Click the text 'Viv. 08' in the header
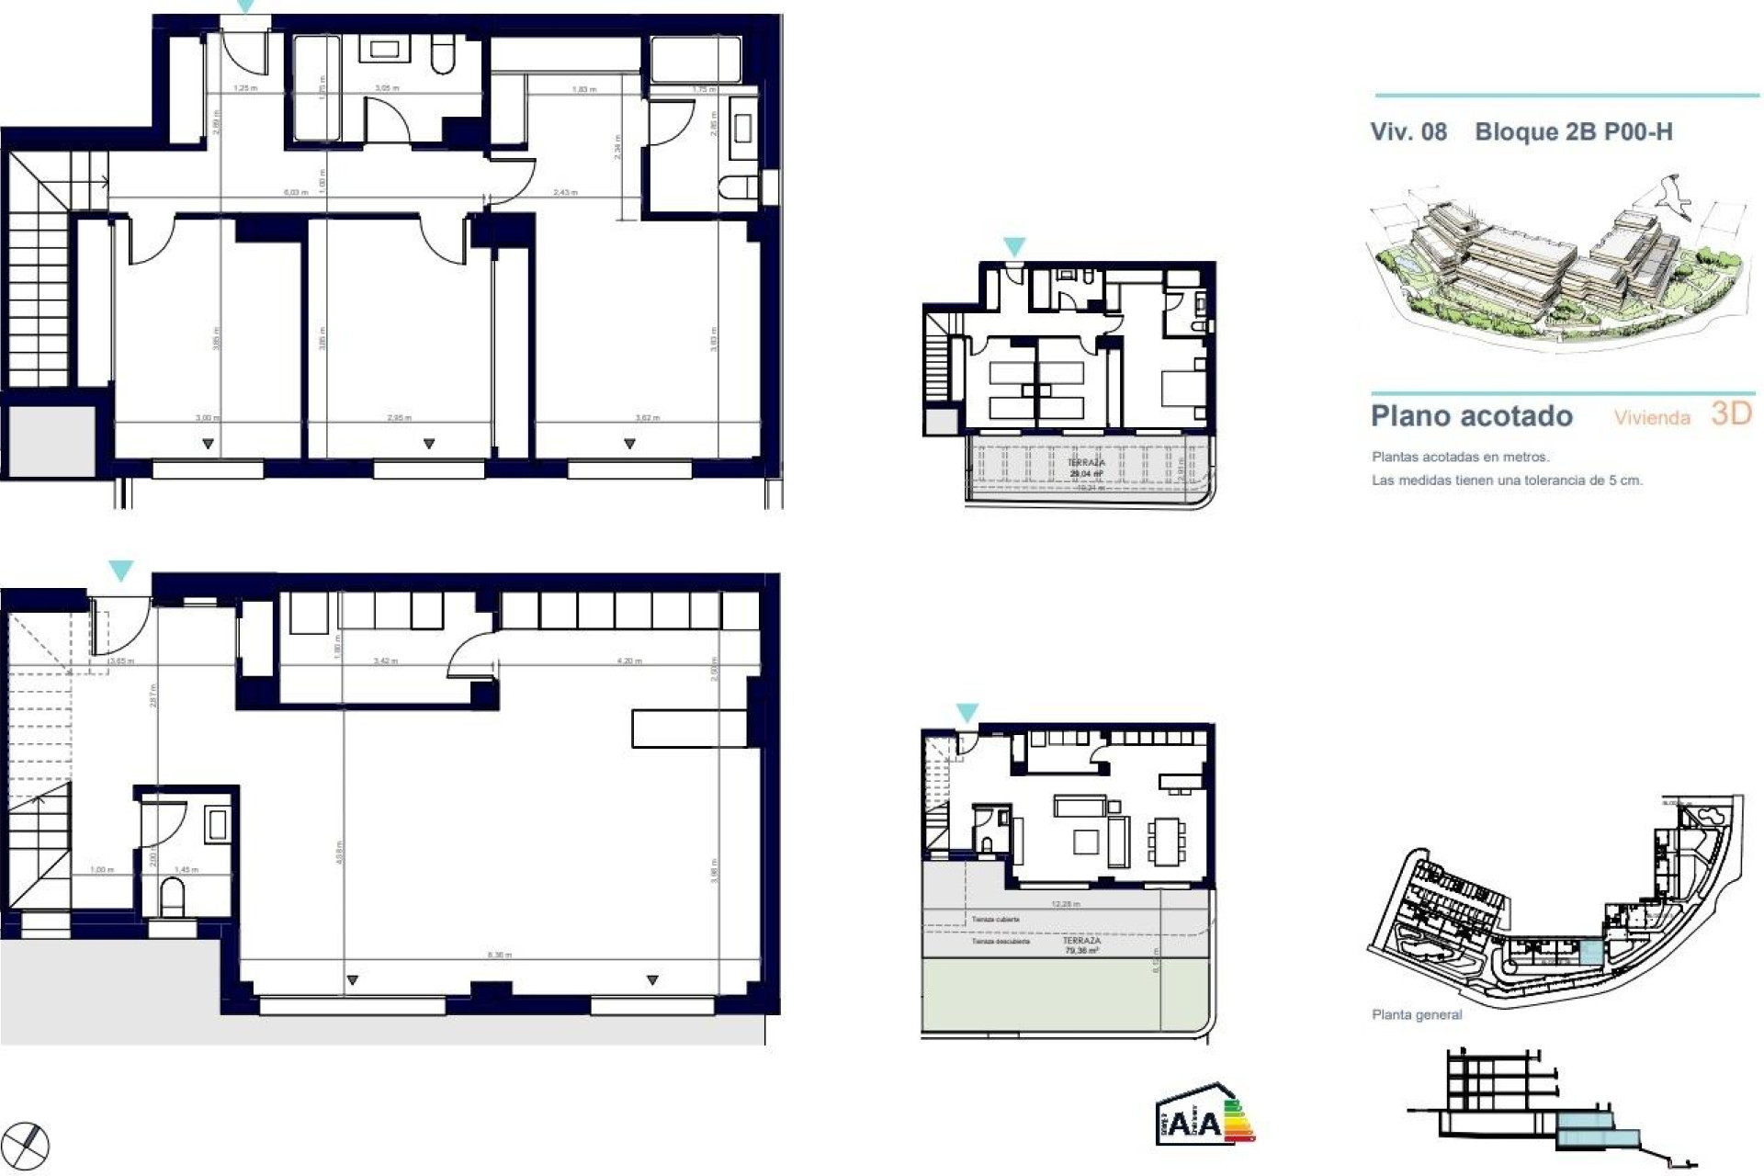pyautogui.click(x=1408, y=132)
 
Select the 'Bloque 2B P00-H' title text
pyautogui.click(x=1573, y=132)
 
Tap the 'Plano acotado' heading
pyautogui.click(x=1471, y=416)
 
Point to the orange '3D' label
pyautogui.click(x=1731, y=413)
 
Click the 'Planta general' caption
pyautogui.click(x=1416, y=1014)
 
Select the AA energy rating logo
pyautogui.click(x=1204, y=1115)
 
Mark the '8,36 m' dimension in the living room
pyautogui.click(x=499, y=955)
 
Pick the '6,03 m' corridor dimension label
pyautogui.click(x=295, y=192)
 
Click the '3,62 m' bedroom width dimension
pyautogui.click(x=647, y=418)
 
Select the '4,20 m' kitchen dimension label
pyautogui.click(x=628, y=661)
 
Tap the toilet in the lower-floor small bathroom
pyautogui.click(x=173, y=895)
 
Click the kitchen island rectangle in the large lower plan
pyautogui.click(x=688, y=727)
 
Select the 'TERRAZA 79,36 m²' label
pyautogui.click(x=1080, y=945)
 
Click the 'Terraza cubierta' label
pyautogui.click(x=995, y=919)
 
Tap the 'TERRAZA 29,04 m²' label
pyautogui.click(x=1085, y=469)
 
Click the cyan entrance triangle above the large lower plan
pyautogui.click(x=120, y=571)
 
